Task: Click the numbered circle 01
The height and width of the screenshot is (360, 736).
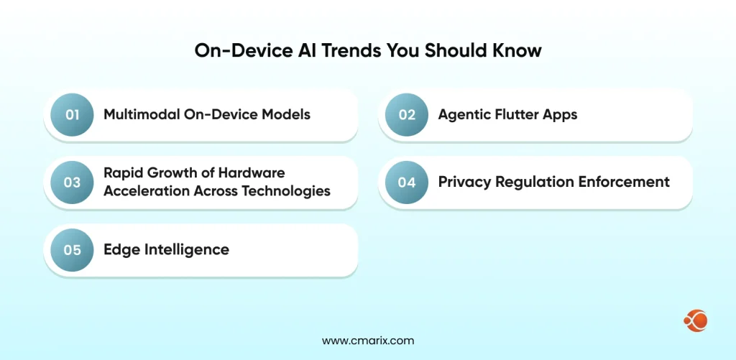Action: (72, 115)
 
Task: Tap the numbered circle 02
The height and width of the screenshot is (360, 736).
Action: (407, 115)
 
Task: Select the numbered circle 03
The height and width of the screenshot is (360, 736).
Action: (72, 183)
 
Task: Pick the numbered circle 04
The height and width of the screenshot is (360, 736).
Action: (407, 183)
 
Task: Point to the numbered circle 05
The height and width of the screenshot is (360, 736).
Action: (72, 250)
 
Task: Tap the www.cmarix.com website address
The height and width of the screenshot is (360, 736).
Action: (368, 341)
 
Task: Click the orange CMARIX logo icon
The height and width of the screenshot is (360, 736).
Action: (696, 320)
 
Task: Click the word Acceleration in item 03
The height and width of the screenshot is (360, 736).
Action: (146, 190)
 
